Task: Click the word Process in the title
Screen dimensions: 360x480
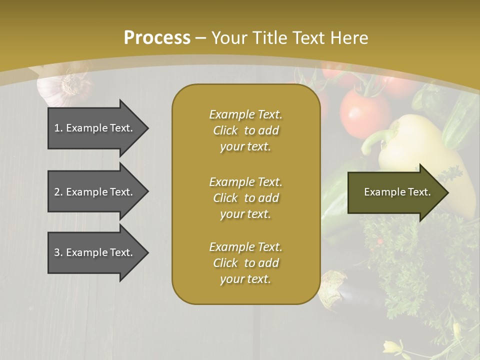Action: (x=157, y=37)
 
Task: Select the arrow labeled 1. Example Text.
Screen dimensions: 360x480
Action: (x=95, y=128)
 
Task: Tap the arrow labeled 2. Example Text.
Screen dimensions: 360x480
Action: (x=95, y=192)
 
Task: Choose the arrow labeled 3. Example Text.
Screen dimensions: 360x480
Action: (x=95, y=252)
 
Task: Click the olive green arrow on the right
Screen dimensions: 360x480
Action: (x=395, y=192)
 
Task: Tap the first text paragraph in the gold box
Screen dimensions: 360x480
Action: (x=245, y=130)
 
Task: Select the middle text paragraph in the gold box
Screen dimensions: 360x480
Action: (x=245, y=198)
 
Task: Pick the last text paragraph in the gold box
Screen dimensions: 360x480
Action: (x=245, y=263)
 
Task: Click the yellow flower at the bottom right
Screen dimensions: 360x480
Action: (x=392, y=346)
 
